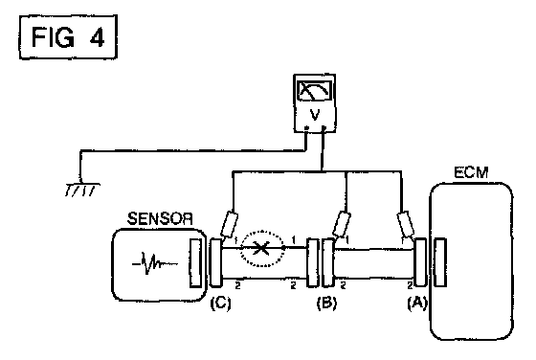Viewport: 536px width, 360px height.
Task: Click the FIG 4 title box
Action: pos(68,37)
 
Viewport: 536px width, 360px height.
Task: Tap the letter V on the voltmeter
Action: pos(314,115)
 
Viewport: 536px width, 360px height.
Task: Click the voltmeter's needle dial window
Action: pos(315,91)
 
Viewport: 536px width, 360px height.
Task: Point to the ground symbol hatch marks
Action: pos(82,190)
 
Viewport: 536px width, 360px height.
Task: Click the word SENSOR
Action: pos(160,219)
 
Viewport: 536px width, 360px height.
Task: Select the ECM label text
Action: pos(471,172)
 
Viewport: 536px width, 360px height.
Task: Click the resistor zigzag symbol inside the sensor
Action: pos(155,263)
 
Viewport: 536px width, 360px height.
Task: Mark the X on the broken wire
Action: pos(261,248)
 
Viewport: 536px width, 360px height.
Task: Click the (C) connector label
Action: pos(220,303)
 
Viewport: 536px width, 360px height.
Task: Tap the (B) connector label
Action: pos(326,303)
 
